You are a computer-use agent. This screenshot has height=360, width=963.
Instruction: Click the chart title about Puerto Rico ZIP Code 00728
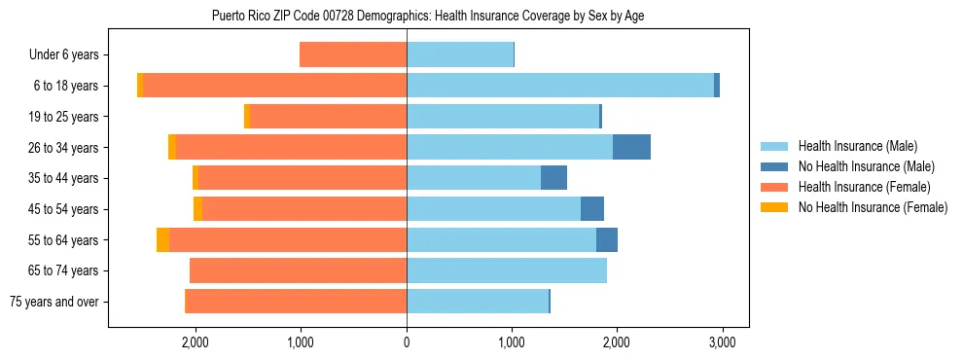pyautogui.click(x=427, y=16)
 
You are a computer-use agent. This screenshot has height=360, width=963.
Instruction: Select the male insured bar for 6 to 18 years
pyautogui.click(x=559, y=86)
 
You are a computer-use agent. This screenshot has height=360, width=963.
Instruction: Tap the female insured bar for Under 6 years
pyautogui.click(x=352, y=55)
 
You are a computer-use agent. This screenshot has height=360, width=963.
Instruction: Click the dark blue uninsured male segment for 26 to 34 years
pyautogui.click(x=631, y=147)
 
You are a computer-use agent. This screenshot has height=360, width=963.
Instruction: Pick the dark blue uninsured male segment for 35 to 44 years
pyautogui.click(x=553, y=178)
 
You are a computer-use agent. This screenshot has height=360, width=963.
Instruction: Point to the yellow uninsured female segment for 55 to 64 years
pyautogui.click(x=162, y=240)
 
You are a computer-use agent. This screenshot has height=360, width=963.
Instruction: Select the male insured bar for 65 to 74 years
pyautogui.click(x=506, y=270)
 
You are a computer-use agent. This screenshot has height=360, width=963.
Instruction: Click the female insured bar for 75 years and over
pyautogui.click(x=295, y=302)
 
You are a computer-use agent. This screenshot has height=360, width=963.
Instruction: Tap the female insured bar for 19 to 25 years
pyautogui.click(x=328, y=117)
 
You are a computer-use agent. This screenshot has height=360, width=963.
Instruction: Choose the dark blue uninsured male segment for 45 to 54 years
pyautogui.click(x=592, y=209)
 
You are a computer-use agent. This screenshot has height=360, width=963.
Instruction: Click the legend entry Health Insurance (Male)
pyautogui.click(x=857, y=147)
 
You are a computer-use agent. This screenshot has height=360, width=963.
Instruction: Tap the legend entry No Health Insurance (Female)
pyautogui.click(x=873, y=207)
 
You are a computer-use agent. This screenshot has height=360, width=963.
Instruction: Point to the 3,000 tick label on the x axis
pyautogui.click(x=721, y=342)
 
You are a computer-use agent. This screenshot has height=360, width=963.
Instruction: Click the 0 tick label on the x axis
pyautogui.click(x=407, y=342)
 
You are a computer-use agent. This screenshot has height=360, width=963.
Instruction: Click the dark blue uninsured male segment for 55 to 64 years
pyautogui.click(x=607, y=240)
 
